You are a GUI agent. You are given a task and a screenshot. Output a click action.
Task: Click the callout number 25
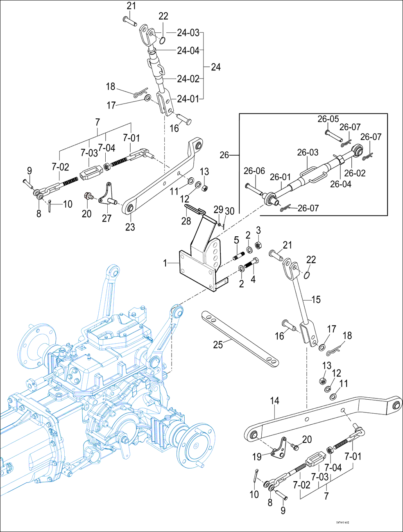(x=218, y=344)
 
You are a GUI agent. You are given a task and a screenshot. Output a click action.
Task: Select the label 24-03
(x=188, y=33)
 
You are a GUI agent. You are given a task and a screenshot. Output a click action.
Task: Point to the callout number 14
(x=274, y=400)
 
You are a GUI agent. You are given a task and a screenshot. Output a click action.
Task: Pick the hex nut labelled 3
(x=258, y=245)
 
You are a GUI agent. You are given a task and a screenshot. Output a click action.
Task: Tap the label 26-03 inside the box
(x=308, y=152)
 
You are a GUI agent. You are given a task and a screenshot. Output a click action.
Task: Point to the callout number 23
(x=130, y=226)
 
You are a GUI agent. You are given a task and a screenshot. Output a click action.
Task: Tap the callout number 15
(x=316, y=299)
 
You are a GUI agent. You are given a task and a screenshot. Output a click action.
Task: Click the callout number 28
(x=186, y=221)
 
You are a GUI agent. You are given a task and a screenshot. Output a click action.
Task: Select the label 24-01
(x=188, y=99)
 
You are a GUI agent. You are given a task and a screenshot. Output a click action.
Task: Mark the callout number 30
(x=230, y=211)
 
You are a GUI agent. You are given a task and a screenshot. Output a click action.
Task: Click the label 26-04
(x=341, y=184)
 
